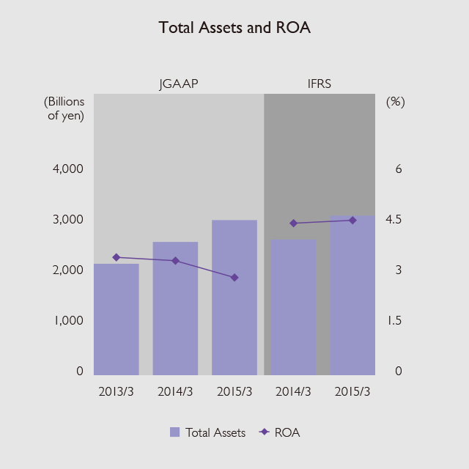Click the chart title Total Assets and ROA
[234, 29]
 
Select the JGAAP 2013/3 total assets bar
[117, 319]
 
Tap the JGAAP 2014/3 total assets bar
[175, 308]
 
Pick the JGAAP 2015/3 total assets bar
[234, 297]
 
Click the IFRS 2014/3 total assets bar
[293, 307]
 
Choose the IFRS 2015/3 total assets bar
[352, 295]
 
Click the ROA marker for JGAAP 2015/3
[234, 278]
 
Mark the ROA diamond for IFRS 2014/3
[293, 223]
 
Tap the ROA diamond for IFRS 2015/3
[352, 220]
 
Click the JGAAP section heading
[179, 84]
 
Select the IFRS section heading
[320, 84]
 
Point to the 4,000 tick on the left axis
[69, 169]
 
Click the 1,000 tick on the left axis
[69, 321]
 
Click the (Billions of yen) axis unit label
[64, 108]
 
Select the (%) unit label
[395, 102]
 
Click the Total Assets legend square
[174, 432]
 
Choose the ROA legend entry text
[287, 432]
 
